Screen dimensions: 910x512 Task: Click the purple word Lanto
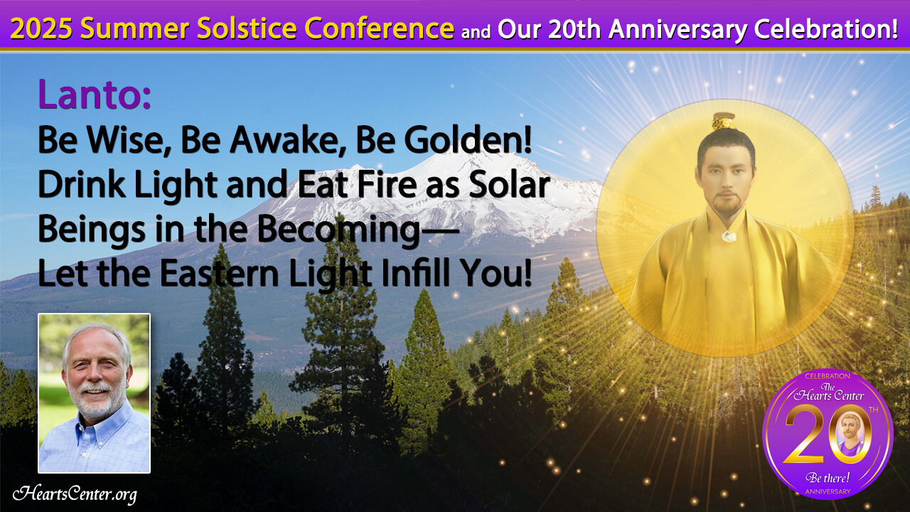(x=94, y=95)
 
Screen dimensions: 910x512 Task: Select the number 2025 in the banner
(x=41, y=28)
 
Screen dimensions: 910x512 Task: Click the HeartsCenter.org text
(x=75, y=494)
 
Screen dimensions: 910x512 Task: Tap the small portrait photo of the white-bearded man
(x=95, y=393)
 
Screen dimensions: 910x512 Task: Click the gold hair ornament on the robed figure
(x=724, y=121)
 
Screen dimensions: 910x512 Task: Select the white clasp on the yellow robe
(x=729, y=236)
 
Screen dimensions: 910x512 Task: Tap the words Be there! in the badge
(x=828, y=477)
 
